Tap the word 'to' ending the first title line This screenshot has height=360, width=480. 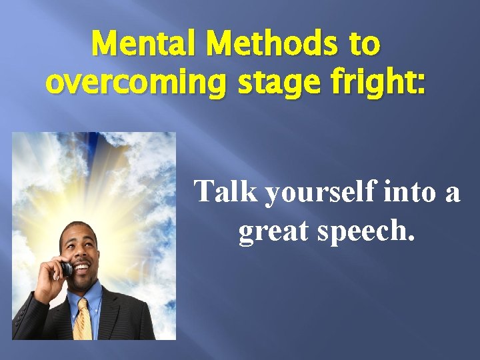coord(364,45)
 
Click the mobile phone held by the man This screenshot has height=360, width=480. coord(66,268)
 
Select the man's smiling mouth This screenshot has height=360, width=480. coord(82,269)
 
